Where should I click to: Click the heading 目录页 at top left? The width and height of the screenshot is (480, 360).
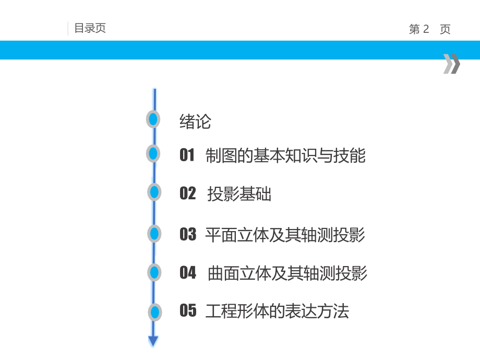pos(90,28)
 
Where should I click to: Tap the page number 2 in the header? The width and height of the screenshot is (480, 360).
pos(426,29)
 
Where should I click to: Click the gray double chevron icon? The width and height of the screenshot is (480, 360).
pos(451,64)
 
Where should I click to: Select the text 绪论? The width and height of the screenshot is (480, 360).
pos(195,122)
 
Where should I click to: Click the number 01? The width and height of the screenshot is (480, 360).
pos(187,155)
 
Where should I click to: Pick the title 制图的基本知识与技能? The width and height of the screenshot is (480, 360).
pos(285,155)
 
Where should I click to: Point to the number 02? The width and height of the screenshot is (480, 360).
pos(188,193)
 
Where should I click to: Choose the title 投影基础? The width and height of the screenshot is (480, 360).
pos(239,194)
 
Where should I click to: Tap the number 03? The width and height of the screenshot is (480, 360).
pos(188,234)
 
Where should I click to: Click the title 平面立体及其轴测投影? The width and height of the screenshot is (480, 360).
pos(285,235)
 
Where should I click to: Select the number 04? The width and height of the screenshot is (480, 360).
pos(188,272)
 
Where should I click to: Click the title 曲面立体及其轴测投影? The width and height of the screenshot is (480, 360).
pos(287,273)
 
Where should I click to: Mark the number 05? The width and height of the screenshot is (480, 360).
pos(188,310)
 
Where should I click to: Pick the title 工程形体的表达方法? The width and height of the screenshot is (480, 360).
pos(277,311)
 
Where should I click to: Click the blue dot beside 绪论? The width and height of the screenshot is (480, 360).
pos(153,119)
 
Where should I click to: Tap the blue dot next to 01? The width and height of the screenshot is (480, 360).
pos(153,153)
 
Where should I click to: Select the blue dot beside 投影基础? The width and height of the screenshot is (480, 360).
pos(154,192)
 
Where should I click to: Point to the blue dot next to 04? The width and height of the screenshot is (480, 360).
pos(154,272)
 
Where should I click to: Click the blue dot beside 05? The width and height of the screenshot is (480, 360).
pos(155,312)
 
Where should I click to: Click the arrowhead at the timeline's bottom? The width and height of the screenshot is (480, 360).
pos(153,341)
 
